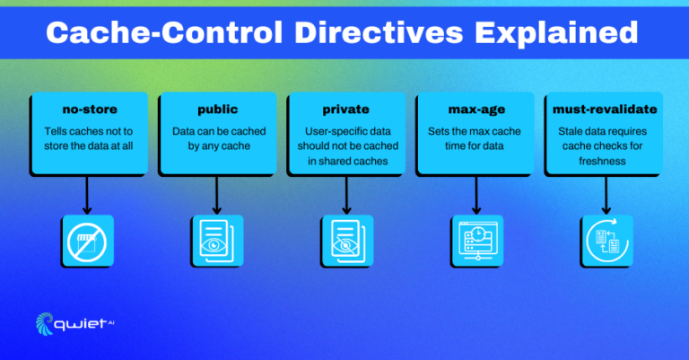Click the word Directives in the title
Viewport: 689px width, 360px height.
[379, 32]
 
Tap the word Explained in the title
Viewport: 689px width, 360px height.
[556, 33]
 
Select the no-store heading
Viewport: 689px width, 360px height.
[90, 110]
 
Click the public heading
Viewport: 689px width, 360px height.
[217, 110]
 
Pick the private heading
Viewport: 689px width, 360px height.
[345, 110]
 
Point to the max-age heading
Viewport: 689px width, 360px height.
[476, 110]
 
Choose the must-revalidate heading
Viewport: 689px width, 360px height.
[605, 110]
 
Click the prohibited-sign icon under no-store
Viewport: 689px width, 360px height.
[87, 242]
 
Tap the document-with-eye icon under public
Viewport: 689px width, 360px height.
[216, 241]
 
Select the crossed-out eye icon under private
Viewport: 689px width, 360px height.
[346, 241]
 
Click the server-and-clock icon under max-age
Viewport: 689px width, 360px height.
[477, 241]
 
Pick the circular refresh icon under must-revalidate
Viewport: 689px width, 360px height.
[606, 241]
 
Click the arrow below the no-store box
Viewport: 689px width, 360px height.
[87, 195]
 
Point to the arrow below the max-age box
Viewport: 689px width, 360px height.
[476, 195]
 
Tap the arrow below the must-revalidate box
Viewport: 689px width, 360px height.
[606, 195]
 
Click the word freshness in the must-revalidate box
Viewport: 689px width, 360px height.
[602, 162]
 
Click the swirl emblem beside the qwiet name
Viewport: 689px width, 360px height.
[44, 324]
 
